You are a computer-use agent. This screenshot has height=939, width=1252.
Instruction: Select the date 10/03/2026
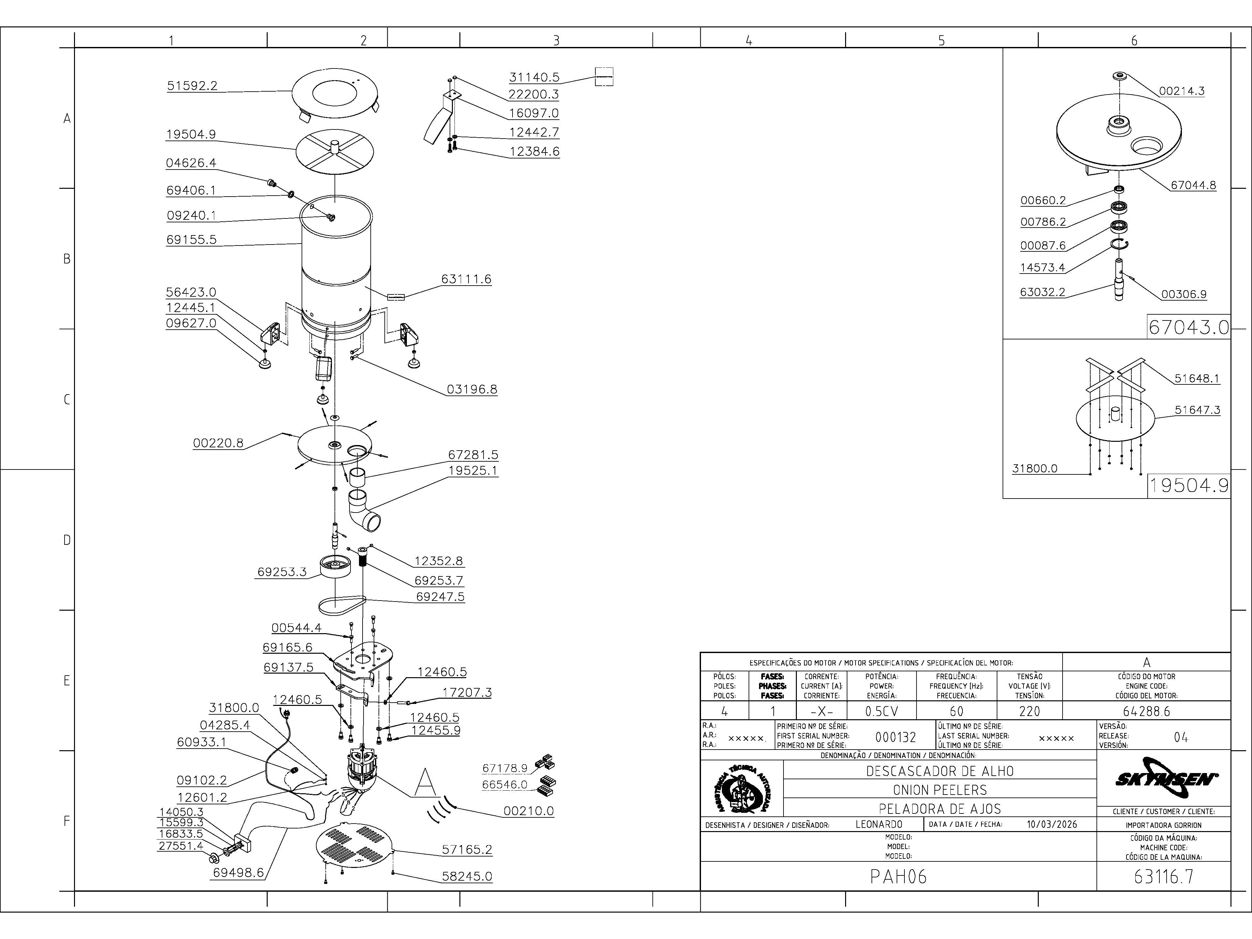coord(1051,824)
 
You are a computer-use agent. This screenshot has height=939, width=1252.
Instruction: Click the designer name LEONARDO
coord(879,824)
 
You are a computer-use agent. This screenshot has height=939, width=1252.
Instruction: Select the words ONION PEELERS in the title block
coord(940,790)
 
